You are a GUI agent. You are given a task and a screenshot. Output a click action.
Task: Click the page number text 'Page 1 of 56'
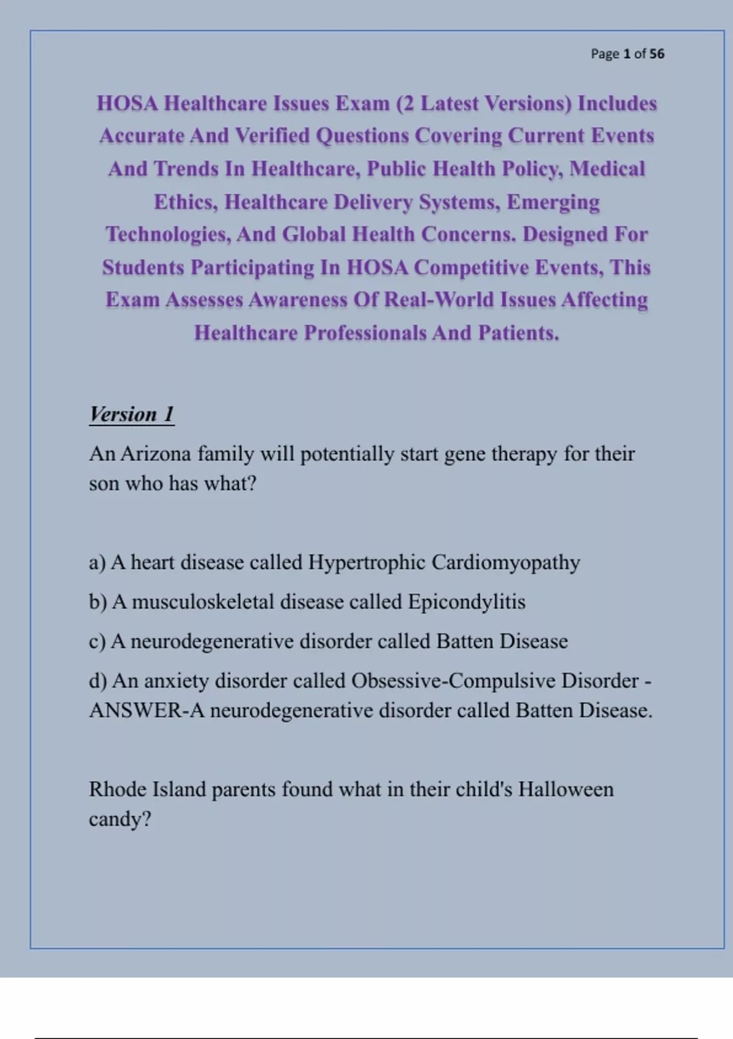tap(627, 54)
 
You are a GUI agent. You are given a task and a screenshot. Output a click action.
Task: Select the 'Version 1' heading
tap(131, 414)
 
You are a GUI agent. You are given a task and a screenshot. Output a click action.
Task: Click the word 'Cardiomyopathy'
tap(506, 562)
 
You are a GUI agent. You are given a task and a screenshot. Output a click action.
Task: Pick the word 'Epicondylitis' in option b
tap(467, 602)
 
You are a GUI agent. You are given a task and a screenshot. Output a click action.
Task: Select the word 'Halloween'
tap(566, 790)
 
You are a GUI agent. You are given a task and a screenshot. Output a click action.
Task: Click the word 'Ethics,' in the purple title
tap(186, 202)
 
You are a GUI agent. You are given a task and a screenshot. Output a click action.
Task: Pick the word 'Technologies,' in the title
tap(169, 234)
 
